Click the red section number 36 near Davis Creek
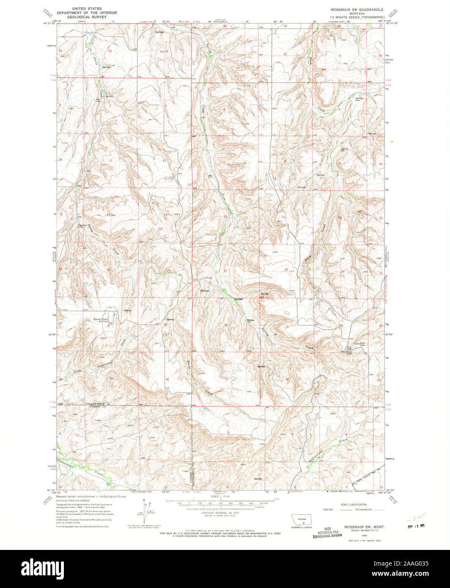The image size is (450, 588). (x=167, y=379)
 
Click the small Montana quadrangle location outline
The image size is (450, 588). (x=302, y=519)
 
